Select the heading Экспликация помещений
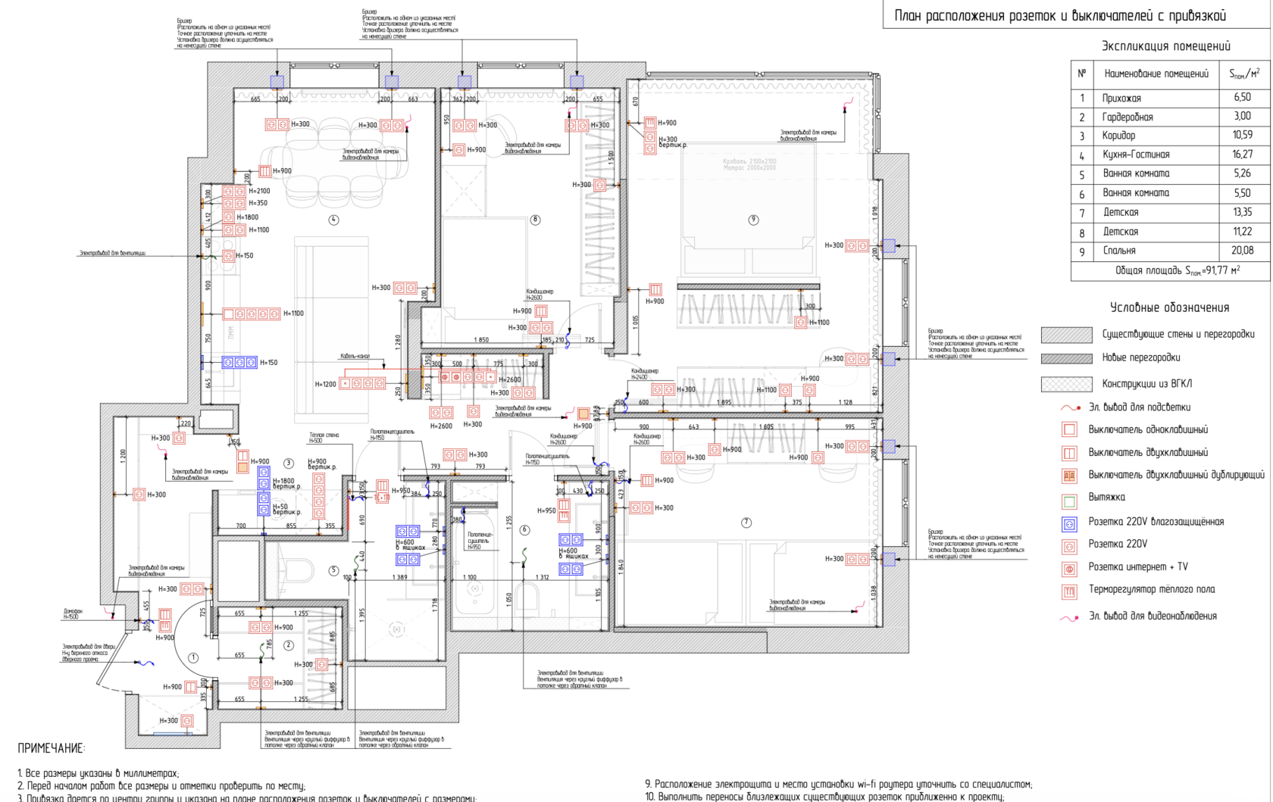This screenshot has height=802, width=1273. point(1165,46)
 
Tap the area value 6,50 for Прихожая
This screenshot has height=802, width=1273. point(1242,98)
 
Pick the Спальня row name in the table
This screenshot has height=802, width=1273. point(1119,251)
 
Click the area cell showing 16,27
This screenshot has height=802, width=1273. point(1242,154)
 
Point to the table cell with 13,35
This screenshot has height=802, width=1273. point(1242,212)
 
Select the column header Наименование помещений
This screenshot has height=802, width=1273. point(1156,74)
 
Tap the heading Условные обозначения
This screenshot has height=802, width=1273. point(1169,307)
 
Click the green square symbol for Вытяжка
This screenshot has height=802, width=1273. point(1069,501)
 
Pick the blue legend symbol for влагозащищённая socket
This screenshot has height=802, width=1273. point(1069,523)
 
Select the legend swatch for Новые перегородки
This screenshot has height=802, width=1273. point(1066,358)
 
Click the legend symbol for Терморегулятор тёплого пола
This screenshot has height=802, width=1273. point(1069,591)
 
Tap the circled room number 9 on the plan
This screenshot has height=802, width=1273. point(752,220)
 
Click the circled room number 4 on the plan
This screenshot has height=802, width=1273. point(333,220)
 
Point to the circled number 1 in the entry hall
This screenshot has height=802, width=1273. point(193,657)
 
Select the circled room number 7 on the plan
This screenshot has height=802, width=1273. point(746,523)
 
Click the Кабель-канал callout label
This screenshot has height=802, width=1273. point(355,356)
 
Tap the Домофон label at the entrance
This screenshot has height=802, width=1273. point(73,611)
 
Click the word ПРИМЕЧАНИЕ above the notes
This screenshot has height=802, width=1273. point(52,749)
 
